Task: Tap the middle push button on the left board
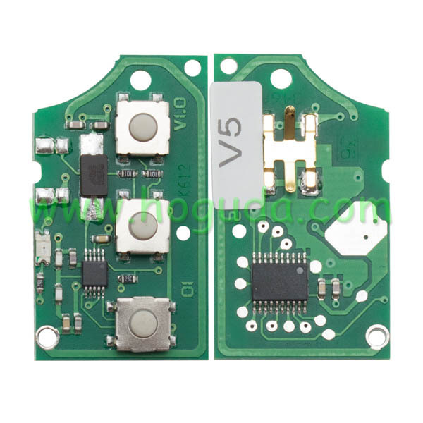pos(143,227)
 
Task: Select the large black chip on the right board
pos(279,280)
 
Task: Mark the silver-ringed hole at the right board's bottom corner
pos(376,337)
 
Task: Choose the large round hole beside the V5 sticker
pos(281,79)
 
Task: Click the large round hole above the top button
pos(140,80)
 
